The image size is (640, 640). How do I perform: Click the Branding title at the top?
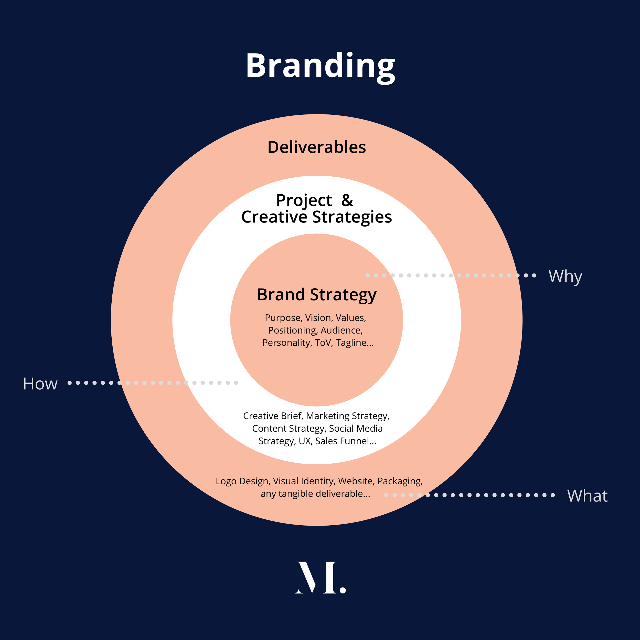(320, 66)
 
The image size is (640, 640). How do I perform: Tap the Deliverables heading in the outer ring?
(316, 147)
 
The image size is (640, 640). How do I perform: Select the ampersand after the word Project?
(347, 200)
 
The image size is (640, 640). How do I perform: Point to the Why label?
(565, 276)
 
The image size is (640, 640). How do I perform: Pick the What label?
(587, 496)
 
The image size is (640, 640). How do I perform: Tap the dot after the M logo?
(343, 590)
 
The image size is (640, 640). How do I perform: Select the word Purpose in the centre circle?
(283, 318)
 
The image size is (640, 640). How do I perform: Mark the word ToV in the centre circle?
(323, 343)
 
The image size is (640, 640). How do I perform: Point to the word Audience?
(341, 330)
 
